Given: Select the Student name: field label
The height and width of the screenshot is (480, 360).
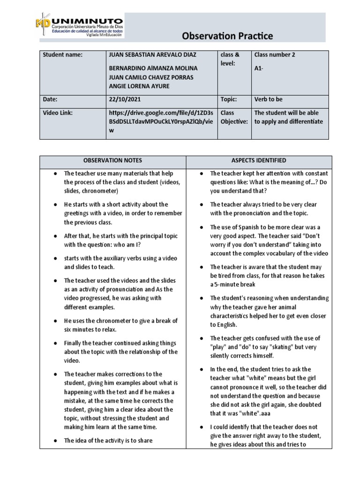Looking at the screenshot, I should (x=62, y=55).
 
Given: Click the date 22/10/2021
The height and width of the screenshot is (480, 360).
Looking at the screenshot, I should (x=124, y=99).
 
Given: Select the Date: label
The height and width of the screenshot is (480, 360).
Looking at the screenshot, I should (x=51, y=99).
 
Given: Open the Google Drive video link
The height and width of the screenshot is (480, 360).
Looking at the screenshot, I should (x=161, y=121).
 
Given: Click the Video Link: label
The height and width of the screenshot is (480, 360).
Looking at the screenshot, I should (x=58, y=112).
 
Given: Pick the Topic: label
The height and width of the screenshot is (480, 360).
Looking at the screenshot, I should (x=229, y=99).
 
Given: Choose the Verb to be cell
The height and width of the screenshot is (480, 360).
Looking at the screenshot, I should (x=269, y=99).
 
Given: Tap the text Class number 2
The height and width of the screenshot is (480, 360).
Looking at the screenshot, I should (x=275, y=55).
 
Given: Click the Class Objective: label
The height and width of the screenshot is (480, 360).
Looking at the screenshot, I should (x=233, y=117).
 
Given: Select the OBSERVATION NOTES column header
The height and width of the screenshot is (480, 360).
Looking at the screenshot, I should (x=113, y=161).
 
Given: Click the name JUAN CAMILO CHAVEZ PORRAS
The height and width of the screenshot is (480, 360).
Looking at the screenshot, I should (x=150, y=77).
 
